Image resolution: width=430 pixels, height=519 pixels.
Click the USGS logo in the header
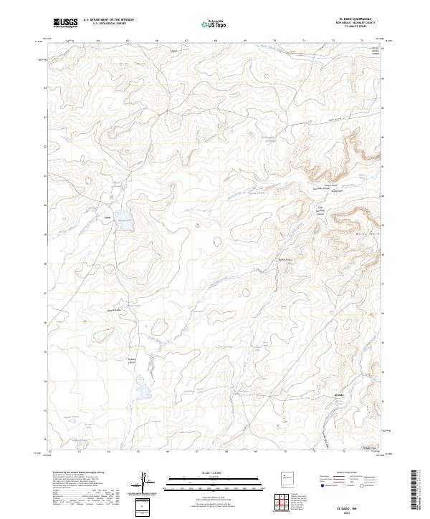click(65, 22)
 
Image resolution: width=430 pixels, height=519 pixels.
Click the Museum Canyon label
click(131, 360)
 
